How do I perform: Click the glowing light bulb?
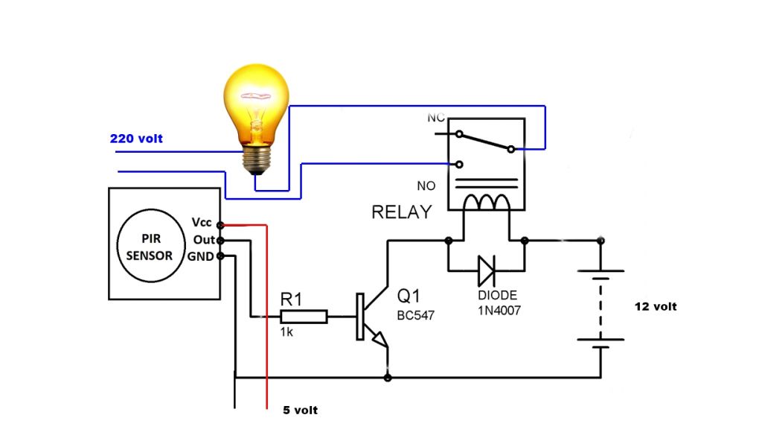tap(255, 104)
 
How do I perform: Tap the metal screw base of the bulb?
tap(256, 159)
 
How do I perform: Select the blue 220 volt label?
tap(136, 139)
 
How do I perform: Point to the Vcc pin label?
tap(202, 223)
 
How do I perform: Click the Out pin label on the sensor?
tap(203, 240)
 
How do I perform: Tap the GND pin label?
tap(202, 256)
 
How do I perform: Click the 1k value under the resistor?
tap(286, 332)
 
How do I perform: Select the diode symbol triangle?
tap(486, 270)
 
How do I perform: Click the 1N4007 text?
tap(499, 309)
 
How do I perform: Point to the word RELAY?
tap(401, 212)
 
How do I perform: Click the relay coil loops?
tap(487, 202)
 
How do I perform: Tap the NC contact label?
tap(436, 118)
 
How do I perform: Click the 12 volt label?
tap(656, 306)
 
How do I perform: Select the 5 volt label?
tap(300, 410)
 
